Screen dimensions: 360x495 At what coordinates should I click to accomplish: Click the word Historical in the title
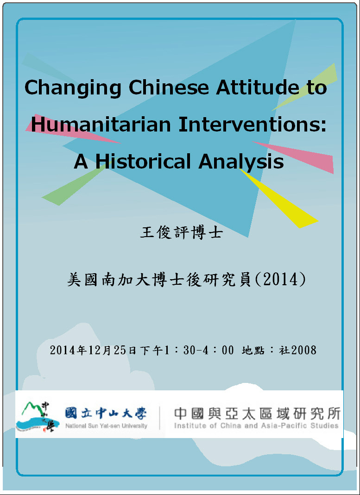click(x=143, y=161)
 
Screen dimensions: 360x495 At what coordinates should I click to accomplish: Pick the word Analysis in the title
click(x=241, y=163)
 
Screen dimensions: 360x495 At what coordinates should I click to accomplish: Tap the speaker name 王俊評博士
click(x=181, y=232)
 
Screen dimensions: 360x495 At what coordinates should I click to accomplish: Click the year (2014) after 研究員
click(x=279, y=279)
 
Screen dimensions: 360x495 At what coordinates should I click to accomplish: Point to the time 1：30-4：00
click(x=199, y=350)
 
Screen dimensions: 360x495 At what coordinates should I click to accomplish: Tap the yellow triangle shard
click(x=279, y=199)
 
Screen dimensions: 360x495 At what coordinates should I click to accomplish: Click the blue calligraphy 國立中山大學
click(x=106, y=413)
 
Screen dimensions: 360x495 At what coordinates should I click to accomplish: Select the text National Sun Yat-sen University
click(x=106, y=426)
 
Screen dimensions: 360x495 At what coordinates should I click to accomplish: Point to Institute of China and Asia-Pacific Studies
click(x=256, y=426)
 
